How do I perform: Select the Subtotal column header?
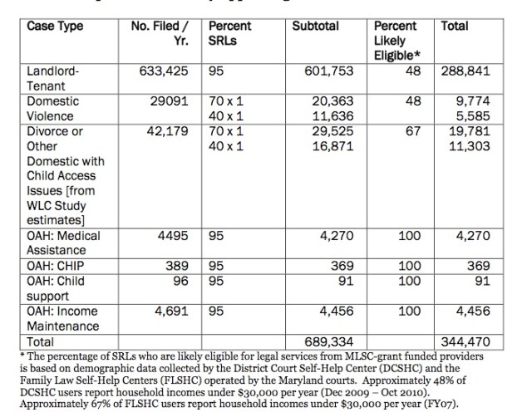tap(316, 27)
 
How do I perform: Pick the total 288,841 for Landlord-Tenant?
tap(466, 71)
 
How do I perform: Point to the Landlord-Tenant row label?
tap(52, 77)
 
